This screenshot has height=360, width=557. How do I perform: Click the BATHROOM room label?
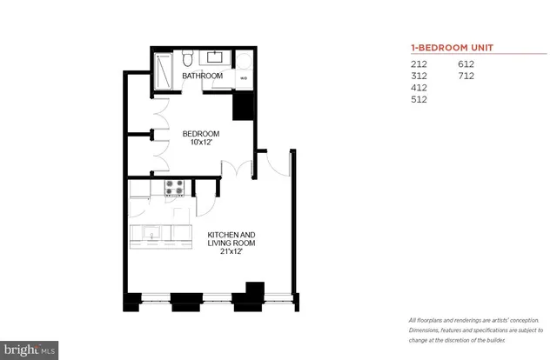tap(202, 77)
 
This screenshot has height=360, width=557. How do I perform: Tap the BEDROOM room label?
tap(200, 134)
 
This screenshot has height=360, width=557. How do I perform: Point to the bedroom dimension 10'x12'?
tap(200, 143)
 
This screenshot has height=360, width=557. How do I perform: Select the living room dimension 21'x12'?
tap(231, 254)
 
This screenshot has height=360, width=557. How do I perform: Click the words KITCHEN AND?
tap(231, 236)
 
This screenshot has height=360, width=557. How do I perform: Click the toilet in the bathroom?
tap(188, 60)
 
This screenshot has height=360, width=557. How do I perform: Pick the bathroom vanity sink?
tap(216, 59)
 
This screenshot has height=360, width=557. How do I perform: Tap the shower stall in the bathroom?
tap(164, 70)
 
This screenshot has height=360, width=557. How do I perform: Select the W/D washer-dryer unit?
tap(244, 77)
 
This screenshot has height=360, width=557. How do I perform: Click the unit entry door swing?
tap(277, 165)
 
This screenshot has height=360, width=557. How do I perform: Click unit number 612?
tap(467, 64)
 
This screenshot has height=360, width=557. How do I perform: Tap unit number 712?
tap(467, 76)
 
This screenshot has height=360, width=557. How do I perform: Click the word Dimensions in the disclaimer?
tap(426, 331)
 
